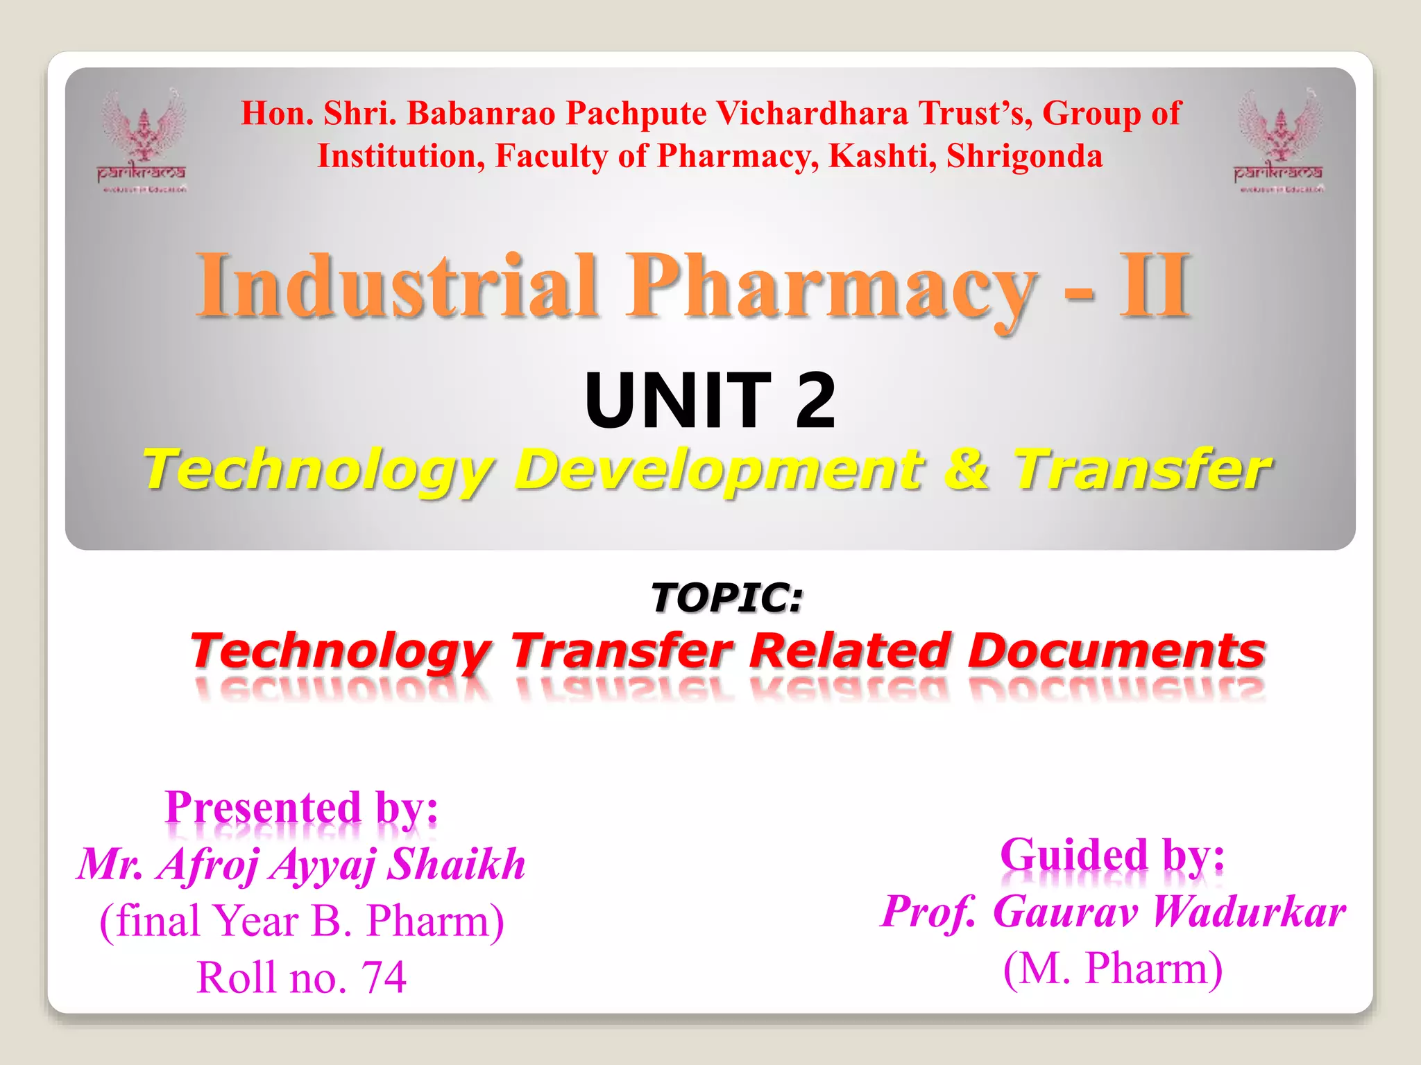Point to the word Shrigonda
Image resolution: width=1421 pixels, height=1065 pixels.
1024,156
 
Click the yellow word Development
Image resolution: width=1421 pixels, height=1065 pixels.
719,469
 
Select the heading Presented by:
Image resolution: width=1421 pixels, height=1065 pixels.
302,808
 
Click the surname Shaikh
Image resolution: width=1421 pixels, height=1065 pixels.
456,864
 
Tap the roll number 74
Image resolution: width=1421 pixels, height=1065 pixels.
383,977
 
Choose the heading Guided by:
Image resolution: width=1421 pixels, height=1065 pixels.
1112,855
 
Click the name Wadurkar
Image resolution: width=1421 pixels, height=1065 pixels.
1248,911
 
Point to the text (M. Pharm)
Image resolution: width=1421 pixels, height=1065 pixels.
1112,968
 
